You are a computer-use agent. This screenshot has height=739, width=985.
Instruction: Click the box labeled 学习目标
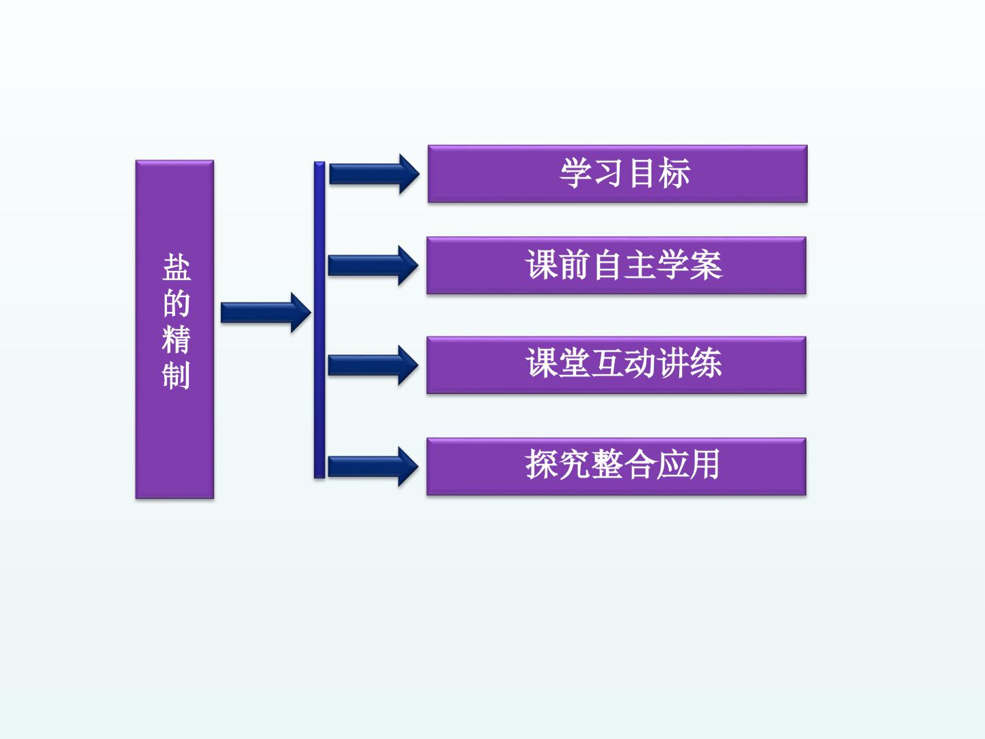[x=618, y=174]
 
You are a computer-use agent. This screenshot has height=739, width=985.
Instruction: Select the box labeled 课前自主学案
[x=616, y=265]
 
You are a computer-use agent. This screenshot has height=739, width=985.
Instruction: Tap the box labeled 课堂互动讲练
[x=616, y=365]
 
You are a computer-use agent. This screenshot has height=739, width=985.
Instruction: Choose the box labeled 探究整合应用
[x=616, y=467]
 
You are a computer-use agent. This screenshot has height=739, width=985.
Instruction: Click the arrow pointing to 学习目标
[x=374, y=174]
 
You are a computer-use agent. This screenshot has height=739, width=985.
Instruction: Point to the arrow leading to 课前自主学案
[x=373, y=265]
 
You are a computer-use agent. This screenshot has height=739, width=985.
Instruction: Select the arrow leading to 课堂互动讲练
[x=373, y=365]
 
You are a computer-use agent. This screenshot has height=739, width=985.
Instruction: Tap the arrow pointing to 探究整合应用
[x=373, y=467]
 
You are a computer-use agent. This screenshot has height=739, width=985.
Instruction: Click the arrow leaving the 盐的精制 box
[x=265, y=313]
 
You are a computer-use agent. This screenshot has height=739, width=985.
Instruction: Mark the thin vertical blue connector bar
[x=319, y=320]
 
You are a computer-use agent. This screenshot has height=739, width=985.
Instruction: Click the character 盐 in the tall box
[x=176, y=268]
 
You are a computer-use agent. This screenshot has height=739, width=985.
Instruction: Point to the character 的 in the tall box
[x=176, y=303]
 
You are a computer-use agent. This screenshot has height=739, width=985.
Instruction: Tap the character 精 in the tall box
[x=176, y=339]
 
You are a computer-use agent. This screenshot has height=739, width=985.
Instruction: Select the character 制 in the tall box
[x=176, y=375]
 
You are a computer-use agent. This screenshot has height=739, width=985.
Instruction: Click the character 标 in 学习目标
[x=674, y=173]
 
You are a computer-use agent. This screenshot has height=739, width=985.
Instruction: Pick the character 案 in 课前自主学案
[x=706, y=265]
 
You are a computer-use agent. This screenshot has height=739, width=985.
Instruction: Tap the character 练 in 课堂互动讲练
[x=705, y=363]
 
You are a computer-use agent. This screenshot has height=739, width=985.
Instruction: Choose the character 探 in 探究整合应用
[x=542, y=464]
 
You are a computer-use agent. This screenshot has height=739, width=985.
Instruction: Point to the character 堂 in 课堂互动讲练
[x=575, y=363]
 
